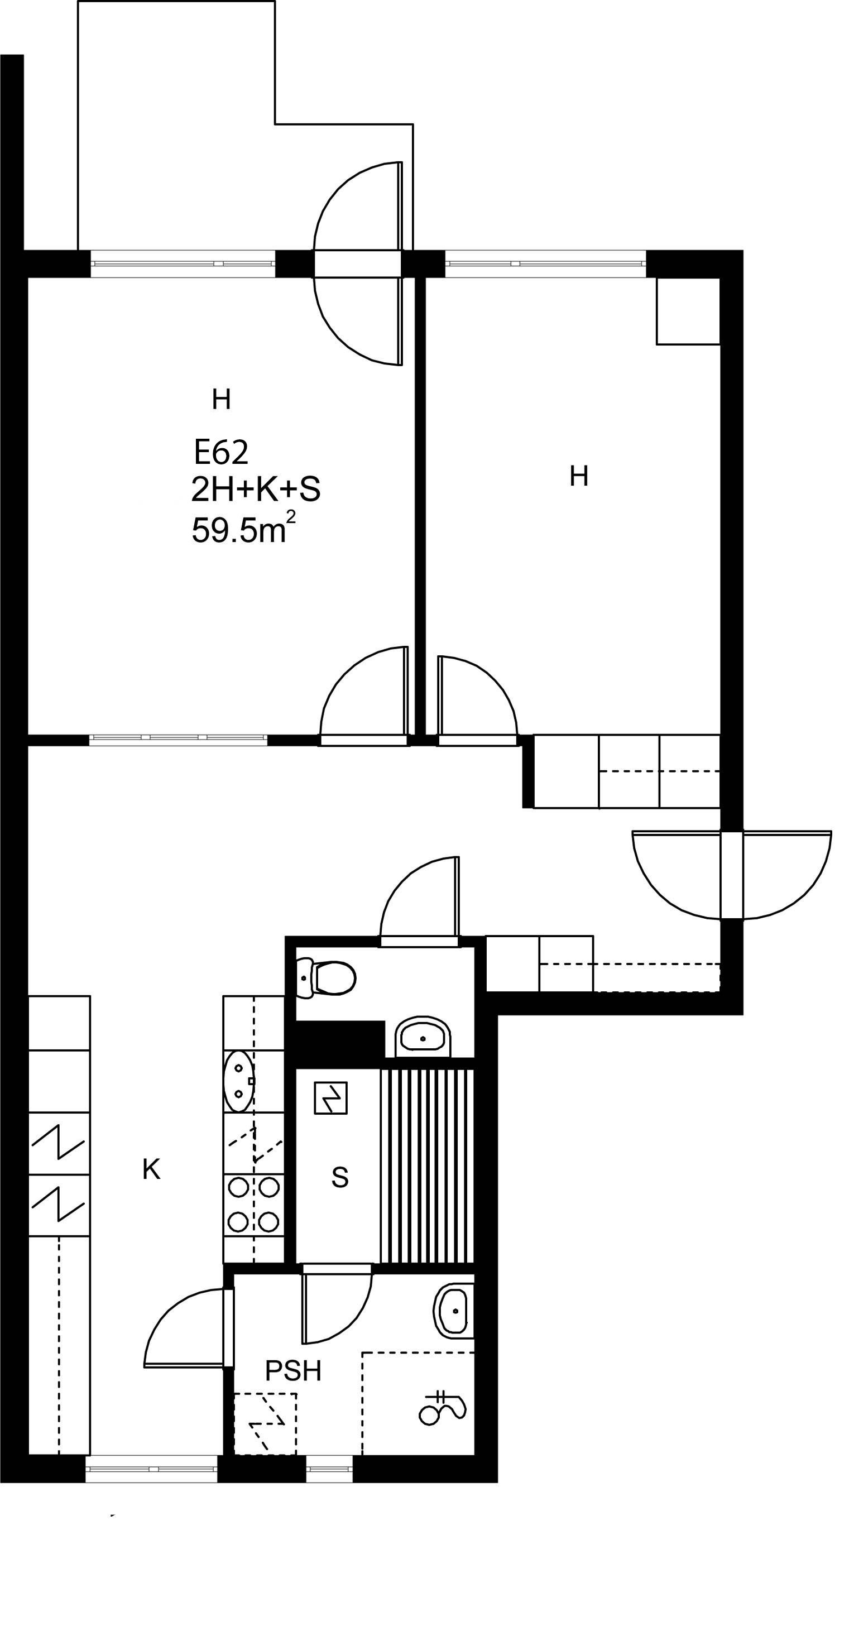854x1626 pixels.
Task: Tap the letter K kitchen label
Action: pos(151,1169)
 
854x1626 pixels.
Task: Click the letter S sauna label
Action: pos(339,1177)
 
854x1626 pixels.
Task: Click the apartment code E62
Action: pos(221,452)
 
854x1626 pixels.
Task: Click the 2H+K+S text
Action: pos(256,489)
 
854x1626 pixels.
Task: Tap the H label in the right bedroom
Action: pos(579,476)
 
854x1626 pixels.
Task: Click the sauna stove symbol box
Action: pos(331,1098)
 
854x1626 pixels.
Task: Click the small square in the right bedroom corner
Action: pos(688,311)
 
